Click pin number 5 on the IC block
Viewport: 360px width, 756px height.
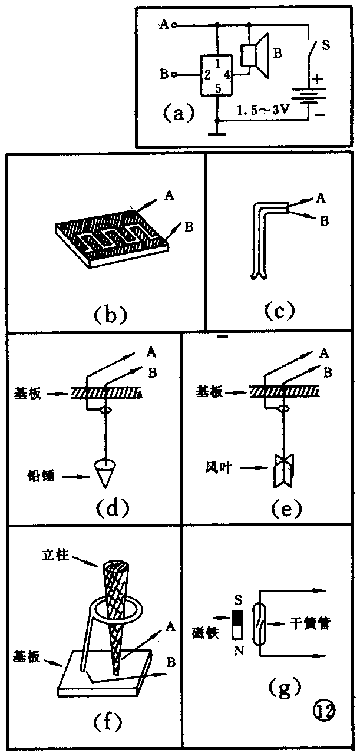coord(218,88)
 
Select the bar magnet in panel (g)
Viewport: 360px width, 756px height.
coord(238,626)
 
